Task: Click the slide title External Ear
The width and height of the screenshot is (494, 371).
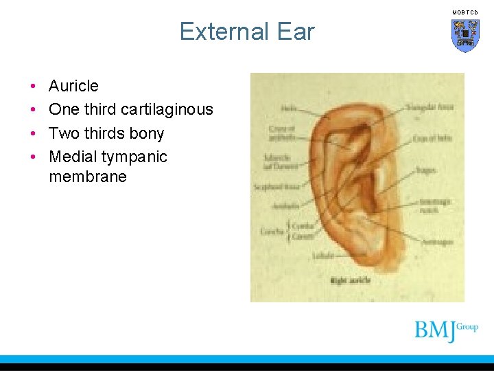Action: (247, 32)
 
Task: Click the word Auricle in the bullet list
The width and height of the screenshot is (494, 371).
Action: (73, 86)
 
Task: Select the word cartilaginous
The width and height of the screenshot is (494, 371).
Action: (167, 109)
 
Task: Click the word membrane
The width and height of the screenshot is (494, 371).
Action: (88, 177)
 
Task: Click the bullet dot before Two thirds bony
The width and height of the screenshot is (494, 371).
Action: (33, 133)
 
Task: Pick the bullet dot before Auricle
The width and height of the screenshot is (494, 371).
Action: (33, 87)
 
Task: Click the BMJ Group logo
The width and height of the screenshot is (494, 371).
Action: (445, 330)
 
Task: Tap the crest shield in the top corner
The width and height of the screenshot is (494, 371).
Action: (465, 34)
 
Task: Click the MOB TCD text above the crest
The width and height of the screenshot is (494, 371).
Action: (465, 12)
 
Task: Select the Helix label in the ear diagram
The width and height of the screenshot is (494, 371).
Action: (288, 107)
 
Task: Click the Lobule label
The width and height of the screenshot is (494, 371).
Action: (323, 255)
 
